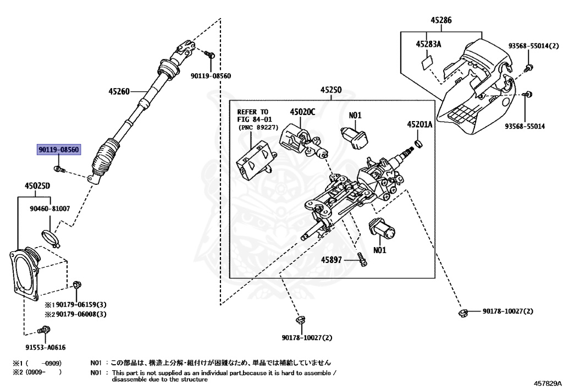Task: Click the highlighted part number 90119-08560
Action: coord(58,150)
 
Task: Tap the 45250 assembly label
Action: coord(331,89)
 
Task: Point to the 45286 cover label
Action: coord(440,20)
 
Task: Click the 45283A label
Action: coord(429,44)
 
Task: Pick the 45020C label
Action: coord(302,112)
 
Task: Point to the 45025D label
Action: coord(37,185)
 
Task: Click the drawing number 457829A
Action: coord(547,382)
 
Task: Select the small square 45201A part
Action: coord(420,144)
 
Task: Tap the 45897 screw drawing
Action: coord(362,259)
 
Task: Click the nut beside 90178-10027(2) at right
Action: coord(462,313)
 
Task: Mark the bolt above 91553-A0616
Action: coord(45,330)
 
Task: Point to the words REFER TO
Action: coord(252,111)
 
